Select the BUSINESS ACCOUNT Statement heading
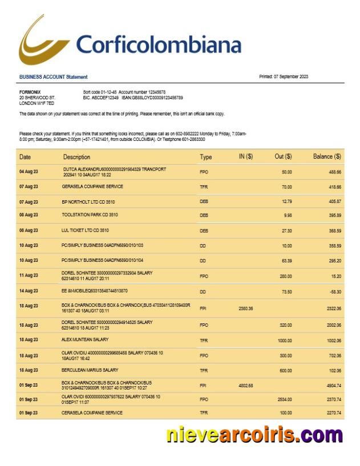(x=53, y=77)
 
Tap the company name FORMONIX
(x=30, y=92)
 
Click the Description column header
(x=76, y=157)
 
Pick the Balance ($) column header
(x=327, y=157)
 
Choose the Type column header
(x=206, y=157)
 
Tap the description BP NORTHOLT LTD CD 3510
(x=92, y=201)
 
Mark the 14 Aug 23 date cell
(x=29, y=291)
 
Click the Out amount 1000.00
(x=284, y=340)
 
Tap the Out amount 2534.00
(x=284, y=399)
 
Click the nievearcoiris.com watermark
(x=254, y=435)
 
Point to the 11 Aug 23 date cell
(x=29, y=275)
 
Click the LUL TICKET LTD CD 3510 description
(x=85, y=230)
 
